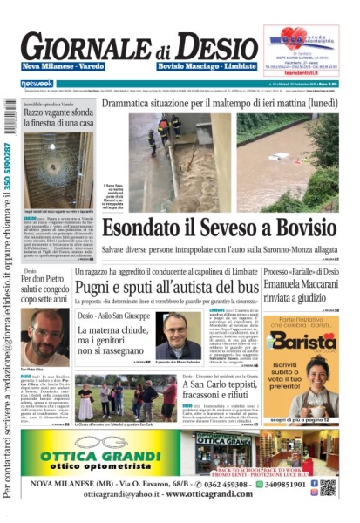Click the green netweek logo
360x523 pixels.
tap(37, 84)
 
